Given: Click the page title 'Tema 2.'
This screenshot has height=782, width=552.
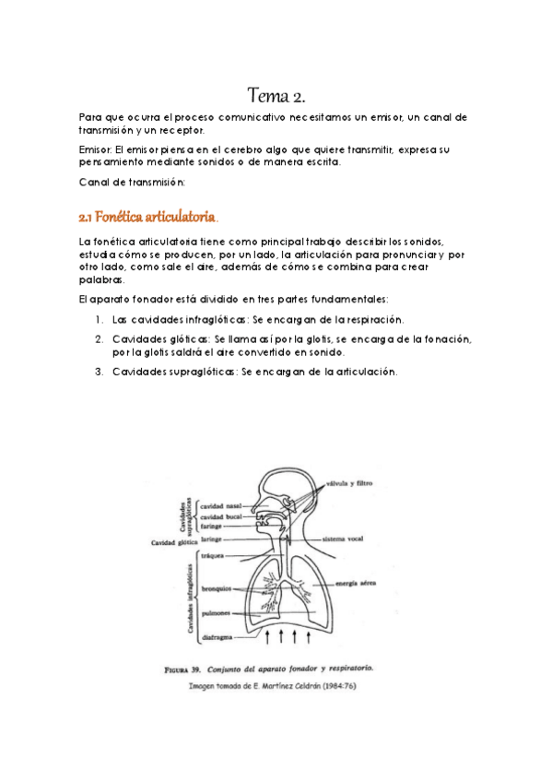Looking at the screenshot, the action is [x=276, y=95].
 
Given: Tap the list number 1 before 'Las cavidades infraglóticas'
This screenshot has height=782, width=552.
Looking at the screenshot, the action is [x=99, y=319].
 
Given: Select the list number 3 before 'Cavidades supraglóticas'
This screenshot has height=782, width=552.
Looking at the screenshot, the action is [x=99, y=372].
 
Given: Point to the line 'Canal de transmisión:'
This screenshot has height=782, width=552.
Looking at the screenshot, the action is [x=133, y=182].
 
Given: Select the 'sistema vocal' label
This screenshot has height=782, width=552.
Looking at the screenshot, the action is [x=344, y=539].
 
